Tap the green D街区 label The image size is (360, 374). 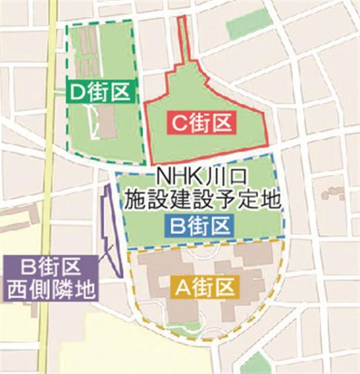pos(100,93)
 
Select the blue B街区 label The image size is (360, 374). pos(201,223)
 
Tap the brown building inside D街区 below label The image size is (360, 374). pos(108,122)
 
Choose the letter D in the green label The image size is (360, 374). pos(77,93)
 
